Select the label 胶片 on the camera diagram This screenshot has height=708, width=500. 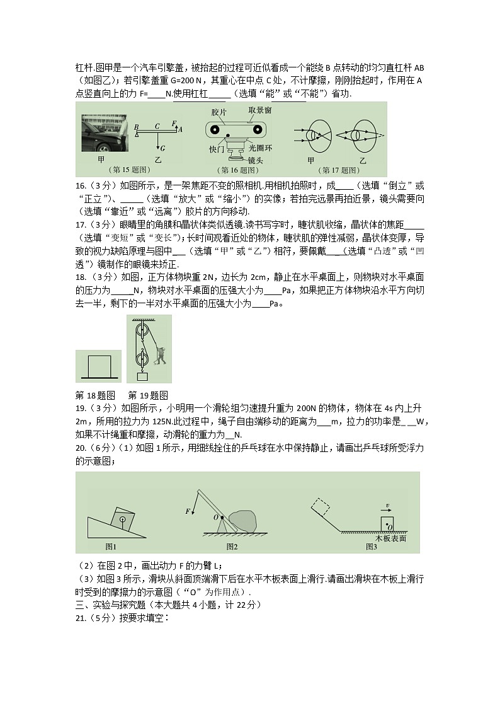pos(219,112)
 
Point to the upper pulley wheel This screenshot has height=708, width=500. pos(142,329)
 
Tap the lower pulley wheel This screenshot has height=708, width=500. pos(142,360)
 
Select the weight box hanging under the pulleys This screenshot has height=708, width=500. pos(142,376)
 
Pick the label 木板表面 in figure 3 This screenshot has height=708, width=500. pos(390,538)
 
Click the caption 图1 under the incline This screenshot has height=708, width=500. pos(111,547)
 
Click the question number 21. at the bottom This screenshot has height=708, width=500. pos(82,618)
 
